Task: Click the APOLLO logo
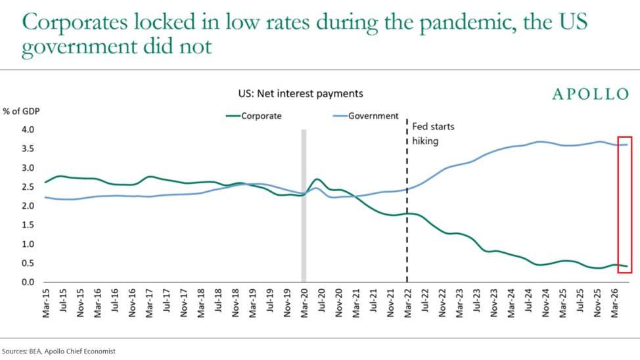[x=591, y=95]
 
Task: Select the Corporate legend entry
[x=254, y=116]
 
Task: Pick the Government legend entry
[x=366, y=116]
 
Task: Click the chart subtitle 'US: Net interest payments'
[x=300, y=93]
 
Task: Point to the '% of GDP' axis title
[x=21, y=112]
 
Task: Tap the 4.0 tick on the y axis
[x=28, y=130]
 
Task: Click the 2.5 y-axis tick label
[x=28, y=187]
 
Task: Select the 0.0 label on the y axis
[x=28, y=282]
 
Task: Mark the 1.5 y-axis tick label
[x=28, y=225]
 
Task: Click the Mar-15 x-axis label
[x=46, y=304]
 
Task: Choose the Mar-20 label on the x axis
[x=304, y=304]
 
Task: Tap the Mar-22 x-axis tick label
[x=407, y=304]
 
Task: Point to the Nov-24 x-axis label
[x=545, y=304]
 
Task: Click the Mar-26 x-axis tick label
[x=614, y=304]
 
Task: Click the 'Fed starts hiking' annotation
[x=433, y=134]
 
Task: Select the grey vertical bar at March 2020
[x=304, y=206]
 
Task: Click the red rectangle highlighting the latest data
[x=618, y=204]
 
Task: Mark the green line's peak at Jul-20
[x=317, y=179]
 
